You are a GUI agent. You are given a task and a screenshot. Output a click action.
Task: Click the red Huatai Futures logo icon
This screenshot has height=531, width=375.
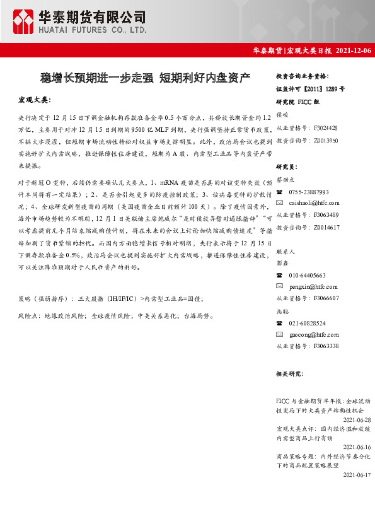tap(23, 20)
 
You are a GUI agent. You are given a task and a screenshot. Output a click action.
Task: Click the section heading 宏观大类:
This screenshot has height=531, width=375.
tap(33, 100)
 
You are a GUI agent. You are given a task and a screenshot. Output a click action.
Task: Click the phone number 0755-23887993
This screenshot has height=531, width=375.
tap(309, 192)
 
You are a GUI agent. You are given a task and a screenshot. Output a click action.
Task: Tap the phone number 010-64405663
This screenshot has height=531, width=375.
tap(307, 275)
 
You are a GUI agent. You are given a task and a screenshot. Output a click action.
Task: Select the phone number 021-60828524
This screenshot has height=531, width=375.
tap(307, 323)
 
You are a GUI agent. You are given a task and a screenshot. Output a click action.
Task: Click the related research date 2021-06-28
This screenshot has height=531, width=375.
tap(357, 419)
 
